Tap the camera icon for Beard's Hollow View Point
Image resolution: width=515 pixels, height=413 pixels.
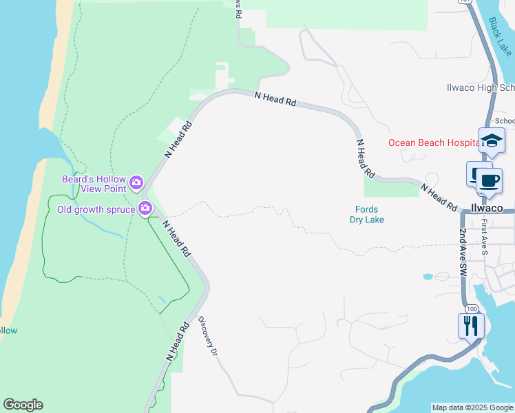click(x=136, y=182)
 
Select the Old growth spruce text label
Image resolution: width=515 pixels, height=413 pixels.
click(x=96, y=209)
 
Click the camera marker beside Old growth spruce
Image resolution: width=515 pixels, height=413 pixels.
click(x=145, y=208)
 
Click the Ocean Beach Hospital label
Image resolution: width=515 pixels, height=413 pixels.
click(x=433, y=142)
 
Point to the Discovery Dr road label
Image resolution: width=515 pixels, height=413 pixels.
click(x=208, y=336)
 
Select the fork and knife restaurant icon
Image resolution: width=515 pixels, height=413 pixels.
click(x=471, y=325)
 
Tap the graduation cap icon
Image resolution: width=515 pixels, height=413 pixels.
click(x=492, y=140)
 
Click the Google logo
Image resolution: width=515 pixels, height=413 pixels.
click(x=23, y=405)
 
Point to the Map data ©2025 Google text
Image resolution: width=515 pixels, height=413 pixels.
click(x=472, y=407)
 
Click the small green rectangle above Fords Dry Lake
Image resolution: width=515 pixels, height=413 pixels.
click(x=390, y=186)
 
